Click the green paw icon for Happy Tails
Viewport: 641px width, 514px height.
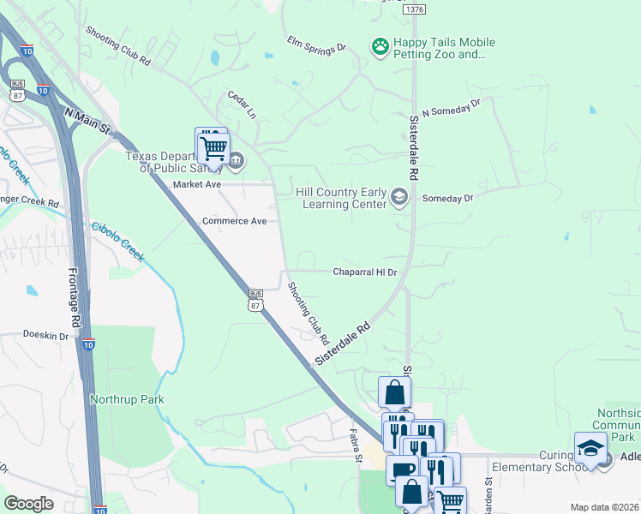[380, 45]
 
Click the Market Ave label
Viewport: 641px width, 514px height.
[197, 184]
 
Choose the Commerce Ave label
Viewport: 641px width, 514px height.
[234, 221]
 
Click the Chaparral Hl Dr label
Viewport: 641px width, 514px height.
[365, 272]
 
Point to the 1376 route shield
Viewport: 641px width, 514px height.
[413, 9]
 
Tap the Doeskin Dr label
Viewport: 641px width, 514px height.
[45, 336]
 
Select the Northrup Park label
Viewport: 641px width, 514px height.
[126, 399]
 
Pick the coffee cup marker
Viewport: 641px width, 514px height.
[402, 470]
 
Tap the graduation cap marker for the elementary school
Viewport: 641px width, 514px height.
[590, 448]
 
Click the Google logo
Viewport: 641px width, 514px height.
[28, 504]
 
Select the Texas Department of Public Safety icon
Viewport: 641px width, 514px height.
[236, 158]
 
